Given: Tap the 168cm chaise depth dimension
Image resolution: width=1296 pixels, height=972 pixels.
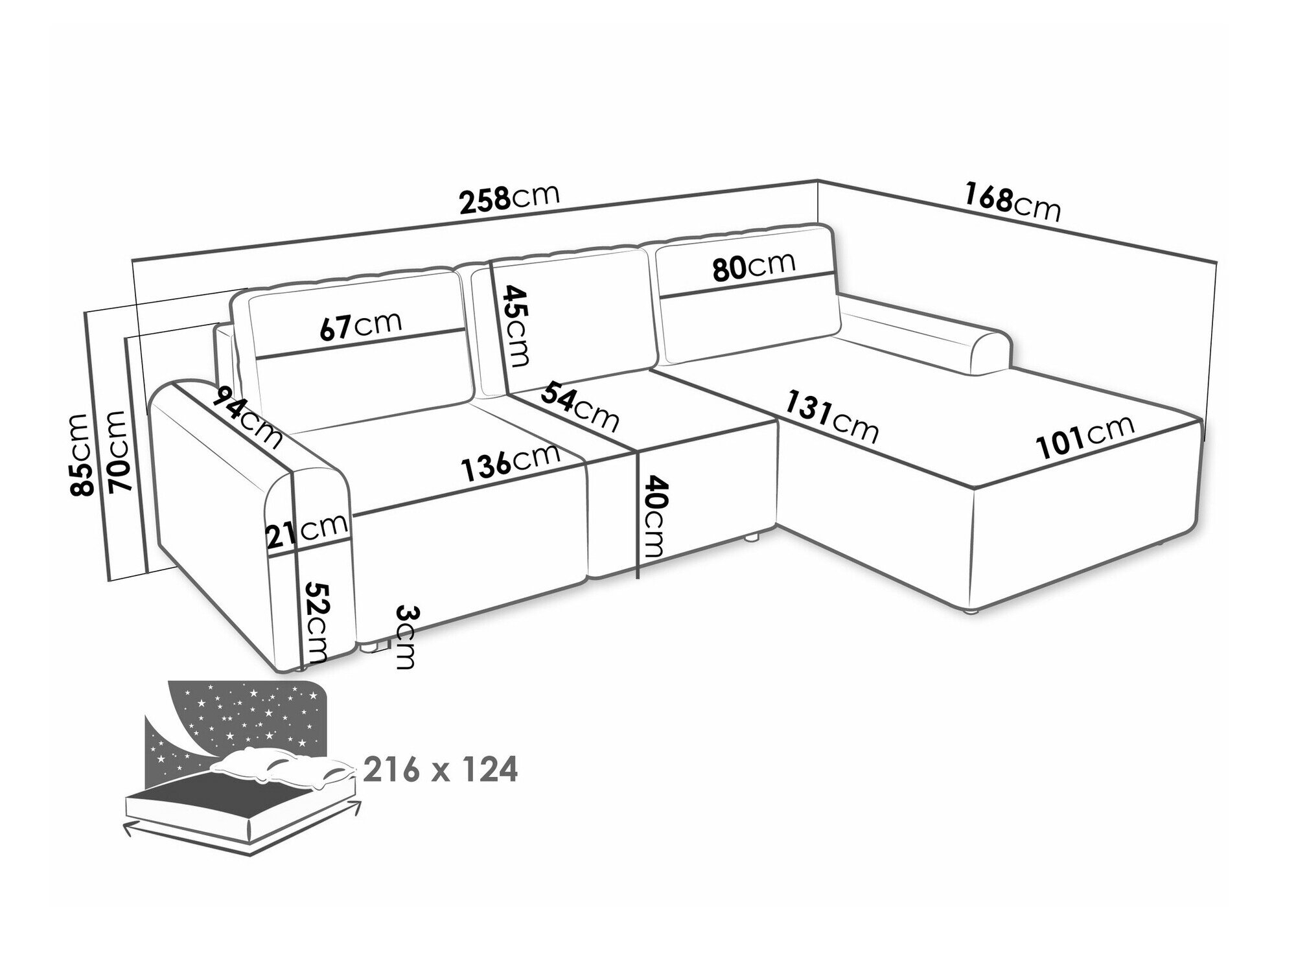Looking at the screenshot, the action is point(1012,202).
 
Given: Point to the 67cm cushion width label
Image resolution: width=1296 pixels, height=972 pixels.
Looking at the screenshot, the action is point(361,326).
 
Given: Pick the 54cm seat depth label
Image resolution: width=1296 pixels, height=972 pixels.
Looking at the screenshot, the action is point(579,406).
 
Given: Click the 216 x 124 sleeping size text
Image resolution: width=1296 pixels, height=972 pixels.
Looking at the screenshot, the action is point(441,770).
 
